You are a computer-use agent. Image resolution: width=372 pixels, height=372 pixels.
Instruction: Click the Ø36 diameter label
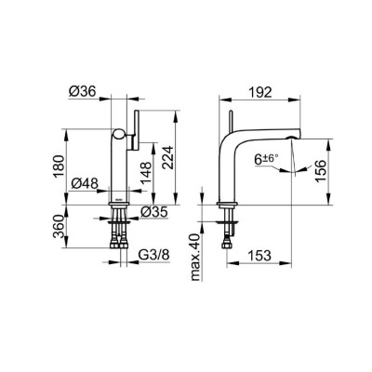point(83,91)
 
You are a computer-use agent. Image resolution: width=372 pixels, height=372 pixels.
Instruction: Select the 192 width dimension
point(260,92)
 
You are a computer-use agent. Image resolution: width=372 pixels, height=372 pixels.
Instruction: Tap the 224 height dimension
point(168,157)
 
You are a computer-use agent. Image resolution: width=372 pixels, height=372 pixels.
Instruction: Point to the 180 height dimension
point(59,166)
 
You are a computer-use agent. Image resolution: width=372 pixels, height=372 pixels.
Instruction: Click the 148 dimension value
point(146,173)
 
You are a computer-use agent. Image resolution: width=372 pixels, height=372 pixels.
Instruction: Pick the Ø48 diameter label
point(85,184)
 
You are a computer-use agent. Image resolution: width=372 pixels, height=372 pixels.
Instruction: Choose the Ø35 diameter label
point(153,212)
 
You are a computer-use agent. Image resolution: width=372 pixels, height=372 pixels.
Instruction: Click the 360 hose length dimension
point(59,227)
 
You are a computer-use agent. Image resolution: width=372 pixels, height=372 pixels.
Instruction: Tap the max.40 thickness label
point(196,257)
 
